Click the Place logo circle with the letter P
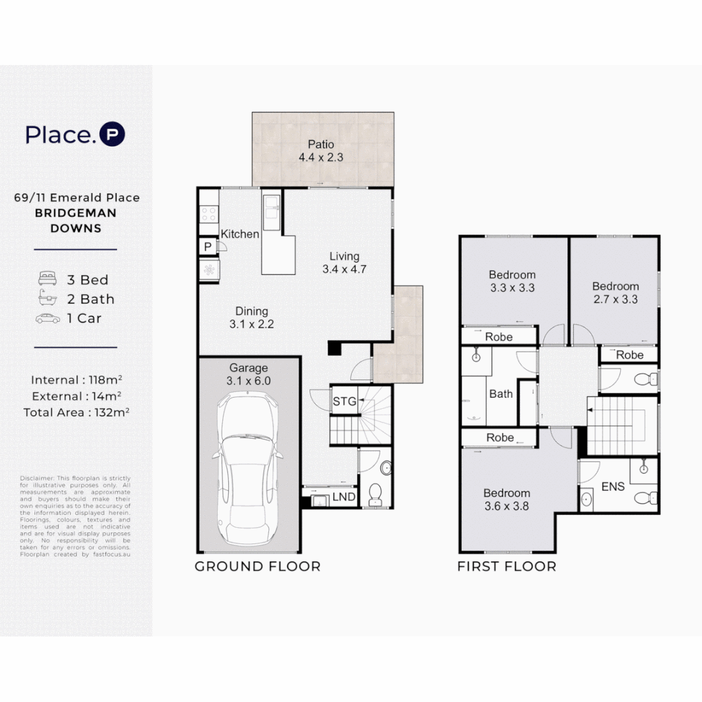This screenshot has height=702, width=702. click(111, 135)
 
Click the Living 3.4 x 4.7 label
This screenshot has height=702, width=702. click(344, 263)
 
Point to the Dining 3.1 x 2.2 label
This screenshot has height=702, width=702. click(252, 318)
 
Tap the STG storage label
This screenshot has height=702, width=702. click(344, 402)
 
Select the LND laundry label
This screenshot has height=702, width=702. click(344, 497)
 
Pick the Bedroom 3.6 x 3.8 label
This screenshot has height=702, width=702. click(506, 499)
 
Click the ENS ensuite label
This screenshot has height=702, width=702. click(614, 486)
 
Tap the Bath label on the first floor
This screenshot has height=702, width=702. click(500, 394)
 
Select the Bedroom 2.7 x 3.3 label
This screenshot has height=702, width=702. click(615, 292)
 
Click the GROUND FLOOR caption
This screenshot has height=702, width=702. click(257, 567)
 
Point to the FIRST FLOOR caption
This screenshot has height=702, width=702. click(506, 567)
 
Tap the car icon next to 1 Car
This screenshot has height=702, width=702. click(48, 318)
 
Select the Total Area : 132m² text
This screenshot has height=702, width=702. click(75, 412)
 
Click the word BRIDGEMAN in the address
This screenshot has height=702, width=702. click(75, 213)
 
